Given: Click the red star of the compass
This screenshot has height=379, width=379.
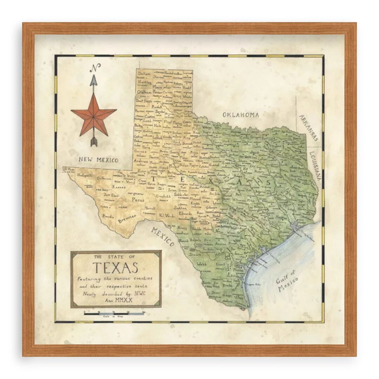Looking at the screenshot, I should point(94,115).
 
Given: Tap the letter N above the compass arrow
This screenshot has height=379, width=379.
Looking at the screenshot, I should point(94,68).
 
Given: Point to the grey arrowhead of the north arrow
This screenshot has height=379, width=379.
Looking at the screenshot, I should point(94,80).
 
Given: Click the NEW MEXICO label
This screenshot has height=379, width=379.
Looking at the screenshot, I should point(99,160).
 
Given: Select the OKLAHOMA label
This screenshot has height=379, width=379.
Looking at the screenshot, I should point(241,115).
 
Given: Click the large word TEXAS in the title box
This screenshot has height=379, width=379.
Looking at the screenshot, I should point(115,268).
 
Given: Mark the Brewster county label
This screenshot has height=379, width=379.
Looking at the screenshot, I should point(127,219).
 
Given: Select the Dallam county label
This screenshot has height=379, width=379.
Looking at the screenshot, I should point(144,74).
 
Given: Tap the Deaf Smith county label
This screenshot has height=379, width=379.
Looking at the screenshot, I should point(144,100).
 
